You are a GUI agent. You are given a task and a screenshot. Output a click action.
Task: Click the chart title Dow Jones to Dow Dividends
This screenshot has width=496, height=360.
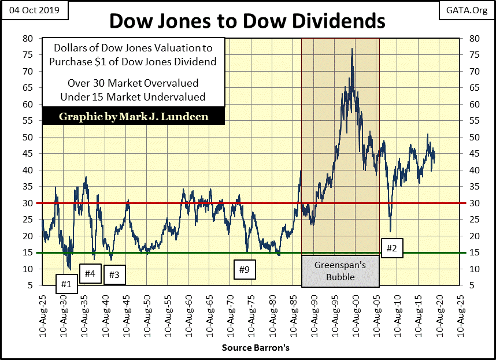[247, 21]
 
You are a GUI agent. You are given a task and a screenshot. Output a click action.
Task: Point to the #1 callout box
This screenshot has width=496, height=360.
[66, 284]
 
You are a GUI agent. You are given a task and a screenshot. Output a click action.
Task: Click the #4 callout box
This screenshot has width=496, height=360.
[90, 273]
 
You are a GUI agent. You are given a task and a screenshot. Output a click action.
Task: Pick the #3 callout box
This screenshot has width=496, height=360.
[114, 275]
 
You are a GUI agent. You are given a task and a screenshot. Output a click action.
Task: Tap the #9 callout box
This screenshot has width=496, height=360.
[245, 269]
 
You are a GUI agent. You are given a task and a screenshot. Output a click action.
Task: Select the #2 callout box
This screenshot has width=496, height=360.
[391, 248]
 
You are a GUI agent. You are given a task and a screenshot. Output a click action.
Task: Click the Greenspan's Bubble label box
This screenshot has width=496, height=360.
[340, 272]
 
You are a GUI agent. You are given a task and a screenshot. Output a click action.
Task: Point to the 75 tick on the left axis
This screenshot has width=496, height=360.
[27, 55]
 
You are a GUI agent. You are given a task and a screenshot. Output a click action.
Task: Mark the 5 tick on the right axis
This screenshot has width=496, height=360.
[472, 285]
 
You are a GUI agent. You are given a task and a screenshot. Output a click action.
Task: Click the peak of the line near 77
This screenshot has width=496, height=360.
[352, 49]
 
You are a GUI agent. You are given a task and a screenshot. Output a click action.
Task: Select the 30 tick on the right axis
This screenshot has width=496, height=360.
[474, 203]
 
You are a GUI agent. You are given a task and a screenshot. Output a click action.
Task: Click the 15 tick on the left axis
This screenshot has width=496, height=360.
[27, 253]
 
